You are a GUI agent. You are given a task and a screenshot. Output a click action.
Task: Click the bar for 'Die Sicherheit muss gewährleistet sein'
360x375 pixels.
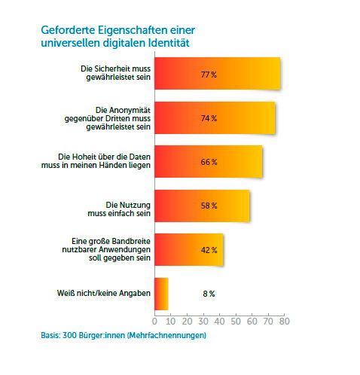[218, 75]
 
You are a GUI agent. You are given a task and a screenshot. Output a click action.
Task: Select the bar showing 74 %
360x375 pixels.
[215, 118]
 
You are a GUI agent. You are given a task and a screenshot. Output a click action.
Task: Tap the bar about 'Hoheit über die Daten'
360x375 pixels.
[209, 162]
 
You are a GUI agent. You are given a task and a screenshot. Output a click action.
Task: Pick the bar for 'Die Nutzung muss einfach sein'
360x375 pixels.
[202, 206]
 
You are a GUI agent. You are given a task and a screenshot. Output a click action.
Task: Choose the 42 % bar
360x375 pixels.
[189, 249]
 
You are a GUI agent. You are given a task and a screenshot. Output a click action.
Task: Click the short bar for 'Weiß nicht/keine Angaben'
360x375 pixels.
[161, 293]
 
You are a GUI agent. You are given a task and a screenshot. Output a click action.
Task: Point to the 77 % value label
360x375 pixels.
[209, 75]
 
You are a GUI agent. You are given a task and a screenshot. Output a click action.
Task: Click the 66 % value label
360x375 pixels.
[209, 162]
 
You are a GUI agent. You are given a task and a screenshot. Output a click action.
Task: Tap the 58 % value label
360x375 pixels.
[209, 206]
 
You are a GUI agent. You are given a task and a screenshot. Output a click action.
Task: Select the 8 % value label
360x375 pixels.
[209, 293]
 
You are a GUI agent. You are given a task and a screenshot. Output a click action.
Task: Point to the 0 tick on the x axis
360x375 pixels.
[155, 322]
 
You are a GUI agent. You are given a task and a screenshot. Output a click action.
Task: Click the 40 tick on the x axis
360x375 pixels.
[220, 322]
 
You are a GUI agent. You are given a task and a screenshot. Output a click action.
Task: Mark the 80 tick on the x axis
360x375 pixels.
[284, 322]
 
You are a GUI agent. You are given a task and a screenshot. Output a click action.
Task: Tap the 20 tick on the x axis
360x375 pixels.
[188, 322]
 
